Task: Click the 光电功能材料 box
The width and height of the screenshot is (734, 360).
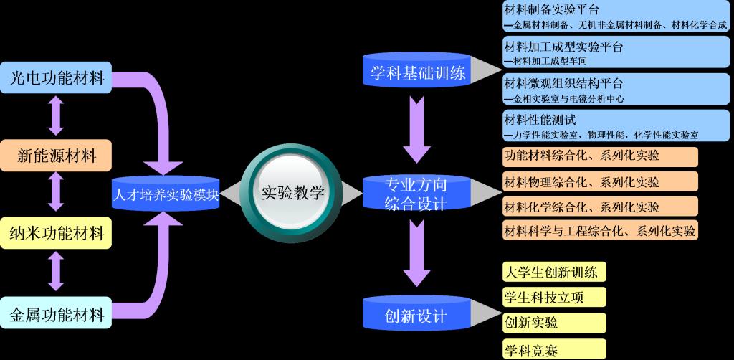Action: [x=57, y=77]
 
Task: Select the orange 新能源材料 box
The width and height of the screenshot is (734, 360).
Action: [x=57, y=155]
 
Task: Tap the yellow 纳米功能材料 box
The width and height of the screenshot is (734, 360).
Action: [x=57, y=232]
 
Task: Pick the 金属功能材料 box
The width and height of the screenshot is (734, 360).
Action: [x=57, y=313]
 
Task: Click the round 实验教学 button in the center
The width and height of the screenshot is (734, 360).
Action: [x=292, y=191]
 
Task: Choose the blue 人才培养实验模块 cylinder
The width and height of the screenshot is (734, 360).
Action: [x=166, y=194]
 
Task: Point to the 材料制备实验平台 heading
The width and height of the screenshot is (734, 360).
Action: [x=552, y=9]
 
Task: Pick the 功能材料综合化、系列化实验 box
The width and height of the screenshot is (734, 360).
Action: [x=600, y=156]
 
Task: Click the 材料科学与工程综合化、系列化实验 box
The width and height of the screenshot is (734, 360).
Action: [x=600, y=230]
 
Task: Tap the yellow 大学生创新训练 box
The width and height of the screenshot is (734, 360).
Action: [x=554, y=272]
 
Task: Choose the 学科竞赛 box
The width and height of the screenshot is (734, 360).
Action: [x=554, y=349]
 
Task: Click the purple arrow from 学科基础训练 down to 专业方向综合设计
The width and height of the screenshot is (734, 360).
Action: [x=416, y=129]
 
